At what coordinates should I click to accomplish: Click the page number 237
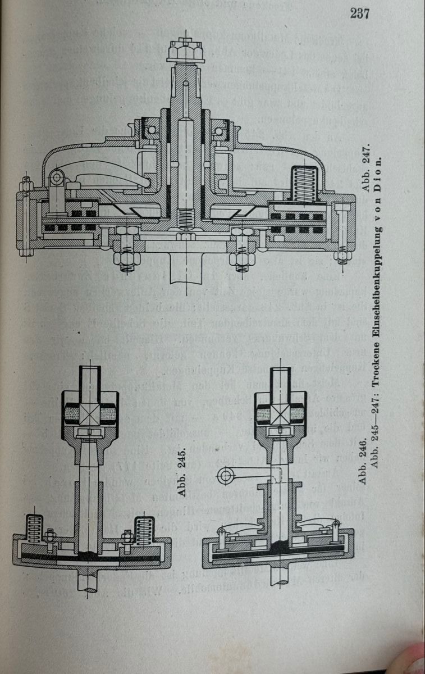click(x=359, y=13)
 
